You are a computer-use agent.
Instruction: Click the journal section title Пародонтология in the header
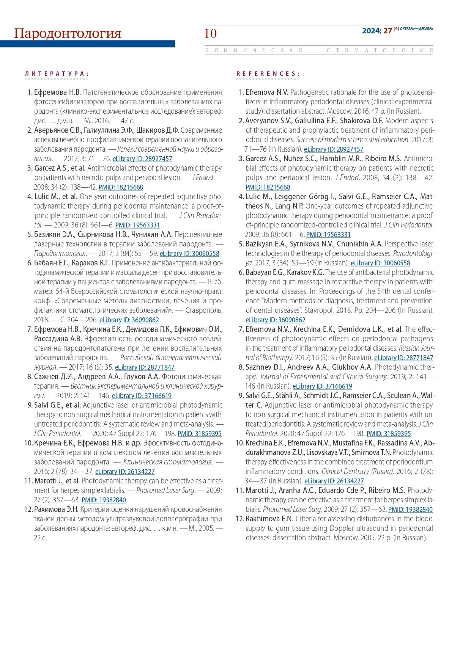point(68,33)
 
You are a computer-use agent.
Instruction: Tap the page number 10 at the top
point(210,34)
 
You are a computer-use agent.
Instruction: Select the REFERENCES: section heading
point(268,74)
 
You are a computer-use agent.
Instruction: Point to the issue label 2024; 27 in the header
point(376,31)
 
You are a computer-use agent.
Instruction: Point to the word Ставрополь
point(205,310)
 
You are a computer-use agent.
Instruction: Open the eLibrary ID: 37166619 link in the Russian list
point(142,395)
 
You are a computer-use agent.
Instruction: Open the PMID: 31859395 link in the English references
point(388,433)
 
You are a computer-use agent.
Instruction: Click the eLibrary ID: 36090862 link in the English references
point(275,320)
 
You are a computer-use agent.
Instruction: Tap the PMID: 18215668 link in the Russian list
point(121,187)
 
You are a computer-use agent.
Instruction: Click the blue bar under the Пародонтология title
point(87,44)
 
